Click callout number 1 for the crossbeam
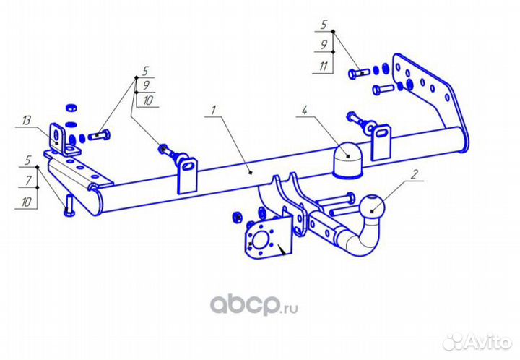[214, 110]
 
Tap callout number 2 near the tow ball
[414, 174]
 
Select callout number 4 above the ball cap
[304, 110]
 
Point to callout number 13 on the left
[26, 121]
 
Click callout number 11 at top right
[324, 66]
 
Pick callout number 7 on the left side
[28, 181]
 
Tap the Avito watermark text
[487, 342]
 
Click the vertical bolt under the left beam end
[69, 206]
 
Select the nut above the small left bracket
[71, 108]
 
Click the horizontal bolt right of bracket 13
[99, 135]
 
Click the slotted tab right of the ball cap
[381, 142]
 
